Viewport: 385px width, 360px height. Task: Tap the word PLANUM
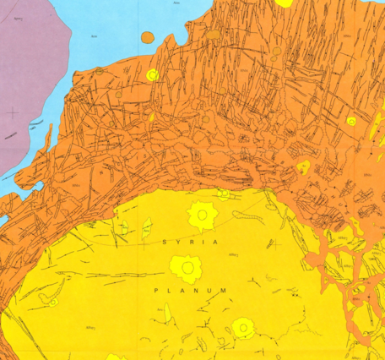[192, 290]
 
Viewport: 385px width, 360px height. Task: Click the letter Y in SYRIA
[179, 242]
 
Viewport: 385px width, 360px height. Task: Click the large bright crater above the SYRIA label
[202, 215]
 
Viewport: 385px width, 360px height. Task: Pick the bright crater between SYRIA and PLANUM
[187, 268]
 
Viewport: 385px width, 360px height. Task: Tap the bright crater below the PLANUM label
[243, 326]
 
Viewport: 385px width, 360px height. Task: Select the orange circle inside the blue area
[147, 37]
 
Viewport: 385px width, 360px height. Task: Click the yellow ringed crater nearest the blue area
[152, 75]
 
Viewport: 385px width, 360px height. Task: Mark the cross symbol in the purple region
[12, 112]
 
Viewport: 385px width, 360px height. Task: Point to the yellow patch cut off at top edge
[285, 3]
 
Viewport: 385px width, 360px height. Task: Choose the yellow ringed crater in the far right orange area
[351, 121]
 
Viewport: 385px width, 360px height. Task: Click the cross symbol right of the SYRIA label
[272, 243]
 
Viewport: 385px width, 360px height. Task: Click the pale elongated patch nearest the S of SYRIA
[146, 227]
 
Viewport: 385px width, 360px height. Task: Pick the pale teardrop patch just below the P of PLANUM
[167, 314]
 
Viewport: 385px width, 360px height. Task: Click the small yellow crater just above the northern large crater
[223, 194]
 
